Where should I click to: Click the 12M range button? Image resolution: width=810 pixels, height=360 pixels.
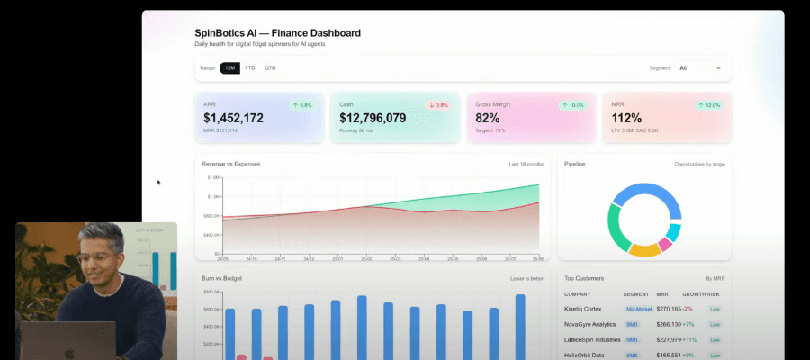[229, 67]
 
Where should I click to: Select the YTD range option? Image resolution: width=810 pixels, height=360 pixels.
[250, 67]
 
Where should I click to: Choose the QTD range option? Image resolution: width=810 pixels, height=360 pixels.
[270, 67]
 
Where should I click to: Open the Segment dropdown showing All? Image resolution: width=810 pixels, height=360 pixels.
[700, 67]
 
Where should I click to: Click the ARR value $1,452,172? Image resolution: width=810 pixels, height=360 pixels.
[233, 118]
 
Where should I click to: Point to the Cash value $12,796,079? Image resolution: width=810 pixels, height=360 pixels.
[373, 118]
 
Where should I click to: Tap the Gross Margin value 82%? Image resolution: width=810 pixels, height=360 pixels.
[488, 118]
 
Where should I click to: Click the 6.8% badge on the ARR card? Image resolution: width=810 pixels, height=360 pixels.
[301, 105]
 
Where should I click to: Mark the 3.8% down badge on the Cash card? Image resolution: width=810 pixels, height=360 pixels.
[438, 105]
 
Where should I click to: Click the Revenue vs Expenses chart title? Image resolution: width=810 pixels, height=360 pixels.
[232, 164]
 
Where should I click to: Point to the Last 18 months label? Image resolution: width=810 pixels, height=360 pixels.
[526, 164]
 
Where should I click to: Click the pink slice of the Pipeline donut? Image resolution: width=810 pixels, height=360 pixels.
[665, 244]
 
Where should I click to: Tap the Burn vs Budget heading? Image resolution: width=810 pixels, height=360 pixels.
[223, 278]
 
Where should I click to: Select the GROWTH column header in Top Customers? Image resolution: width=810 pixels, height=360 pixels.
[691, 294]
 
